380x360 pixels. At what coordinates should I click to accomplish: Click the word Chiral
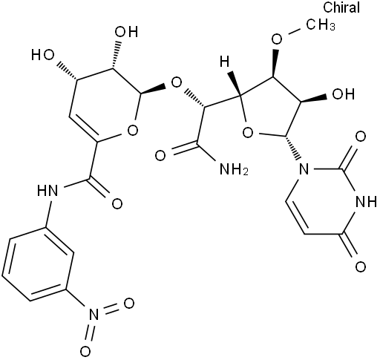tap(341, 7)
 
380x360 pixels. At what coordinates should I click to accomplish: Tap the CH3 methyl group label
tap(321, 24)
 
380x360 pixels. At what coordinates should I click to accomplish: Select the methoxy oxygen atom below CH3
tap(277, 39)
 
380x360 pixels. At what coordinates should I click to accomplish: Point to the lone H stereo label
tap(225, 61)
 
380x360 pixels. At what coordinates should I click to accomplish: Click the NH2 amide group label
tap(234, 169)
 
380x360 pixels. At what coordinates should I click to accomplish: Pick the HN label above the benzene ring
tap(47, 191)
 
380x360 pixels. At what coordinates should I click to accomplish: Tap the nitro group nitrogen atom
tap(94, 315)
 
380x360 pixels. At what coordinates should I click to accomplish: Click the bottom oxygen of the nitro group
tap(85, 352)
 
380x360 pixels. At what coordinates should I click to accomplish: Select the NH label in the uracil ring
tap(366, 202)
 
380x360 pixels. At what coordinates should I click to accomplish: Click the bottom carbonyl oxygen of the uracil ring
tap(361, 267)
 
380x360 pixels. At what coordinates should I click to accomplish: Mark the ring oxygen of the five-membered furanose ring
tap(248, 133)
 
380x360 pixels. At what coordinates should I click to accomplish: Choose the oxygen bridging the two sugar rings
tap(177, 83)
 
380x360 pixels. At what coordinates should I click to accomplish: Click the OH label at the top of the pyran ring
tap(127, 32)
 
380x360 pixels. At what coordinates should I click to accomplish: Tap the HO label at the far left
tap(43, 55)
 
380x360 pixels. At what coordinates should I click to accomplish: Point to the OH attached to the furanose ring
tap(344, 94)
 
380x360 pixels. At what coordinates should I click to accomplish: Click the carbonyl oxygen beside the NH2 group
tap(160, 156)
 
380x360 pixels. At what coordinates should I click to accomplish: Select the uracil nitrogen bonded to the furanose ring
tap(304, 169)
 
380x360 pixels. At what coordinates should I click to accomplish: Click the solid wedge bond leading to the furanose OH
tap(314, 99)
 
